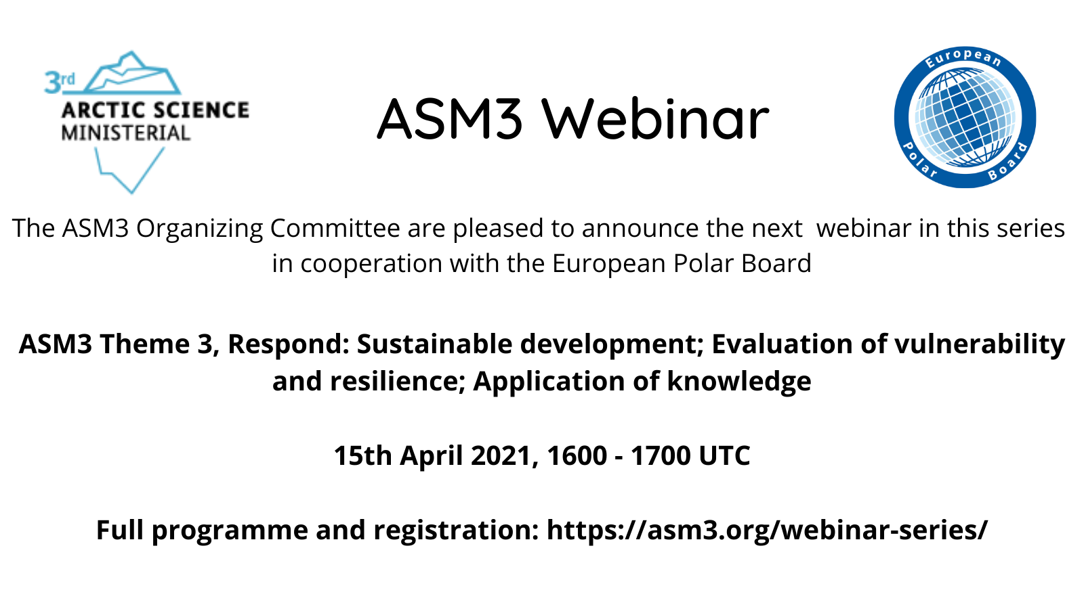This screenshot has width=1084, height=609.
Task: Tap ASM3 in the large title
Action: (450, 119)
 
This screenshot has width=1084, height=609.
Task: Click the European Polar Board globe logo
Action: (965, 118)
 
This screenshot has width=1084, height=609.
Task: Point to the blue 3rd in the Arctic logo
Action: (60, 82)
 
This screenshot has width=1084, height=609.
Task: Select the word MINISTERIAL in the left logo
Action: (126, 133)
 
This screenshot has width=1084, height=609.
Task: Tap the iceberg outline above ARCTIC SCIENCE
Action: (131, 72)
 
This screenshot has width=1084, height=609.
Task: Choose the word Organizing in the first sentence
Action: (199, 229)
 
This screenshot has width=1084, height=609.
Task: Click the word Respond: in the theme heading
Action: (289, 345)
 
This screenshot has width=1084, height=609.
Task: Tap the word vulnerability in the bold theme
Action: (980, 345)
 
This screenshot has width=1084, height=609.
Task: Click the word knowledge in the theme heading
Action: (739, 382)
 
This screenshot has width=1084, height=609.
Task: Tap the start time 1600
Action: (577, 456)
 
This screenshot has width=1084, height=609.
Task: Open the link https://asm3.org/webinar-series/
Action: (767, 531)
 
